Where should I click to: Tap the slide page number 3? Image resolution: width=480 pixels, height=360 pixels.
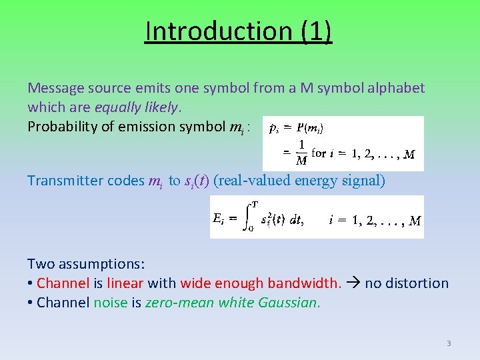pos(449,343)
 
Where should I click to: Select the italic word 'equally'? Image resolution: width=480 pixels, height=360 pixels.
pos(117,107)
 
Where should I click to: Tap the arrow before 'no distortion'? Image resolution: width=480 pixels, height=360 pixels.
pos(353,283)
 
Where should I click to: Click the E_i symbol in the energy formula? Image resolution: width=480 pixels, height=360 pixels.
pos(220,218)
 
